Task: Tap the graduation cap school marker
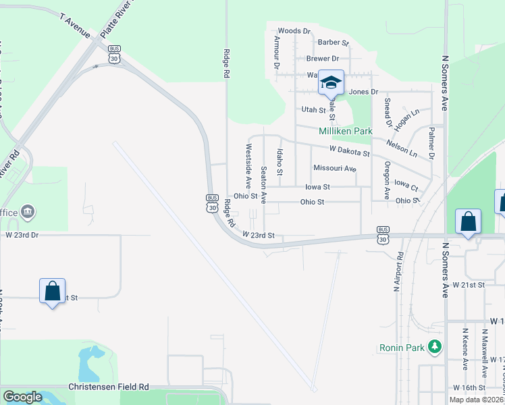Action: (x=331, y=83)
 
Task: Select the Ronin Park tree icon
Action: (x=436, y=347)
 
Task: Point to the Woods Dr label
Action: (x=294, y=31)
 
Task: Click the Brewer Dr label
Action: (x=322, y=59)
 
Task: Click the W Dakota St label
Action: (x=350, y=151)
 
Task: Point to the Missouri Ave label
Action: (x=334, y=168)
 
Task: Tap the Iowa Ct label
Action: (x=406, y=184)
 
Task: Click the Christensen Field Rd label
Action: (x=109, y=387)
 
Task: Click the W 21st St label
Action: (x=470, y=285)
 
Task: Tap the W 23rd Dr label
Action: (x=22, y=235)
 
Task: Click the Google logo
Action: (x=22, y=397)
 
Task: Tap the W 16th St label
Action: (x=470, y=387)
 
